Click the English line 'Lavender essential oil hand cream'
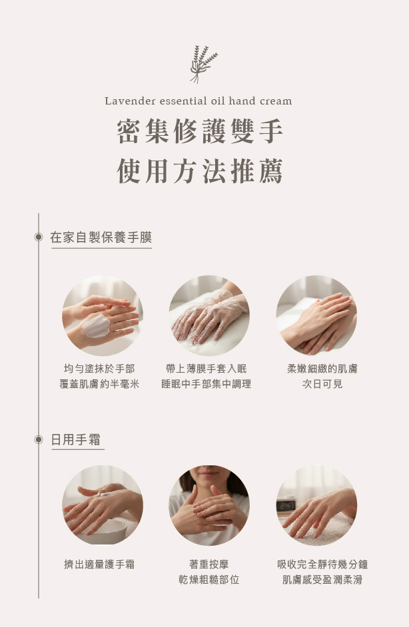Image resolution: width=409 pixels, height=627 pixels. (199, 101)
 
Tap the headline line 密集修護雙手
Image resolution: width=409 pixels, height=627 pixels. (200, 132)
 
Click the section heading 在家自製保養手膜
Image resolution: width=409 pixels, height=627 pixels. (101, 238)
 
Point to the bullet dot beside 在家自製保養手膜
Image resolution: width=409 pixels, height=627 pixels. (39, 237)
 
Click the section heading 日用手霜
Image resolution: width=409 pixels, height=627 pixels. (77, 440)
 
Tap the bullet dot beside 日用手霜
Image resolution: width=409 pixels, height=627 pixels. (39, 440)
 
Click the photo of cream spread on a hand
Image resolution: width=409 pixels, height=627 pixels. (102, 315)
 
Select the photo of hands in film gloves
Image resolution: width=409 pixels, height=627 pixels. (209, 315)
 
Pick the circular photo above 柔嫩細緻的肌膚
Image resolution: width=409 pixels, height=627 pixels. (316, 315)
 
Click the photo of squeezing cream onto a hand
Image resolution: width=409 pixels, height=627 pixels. (102, 505)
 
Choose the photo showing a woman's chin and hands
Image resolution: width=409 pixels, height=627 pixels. (209, 505)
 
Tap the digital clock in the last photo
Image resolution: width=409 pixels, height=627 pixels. (286, 505)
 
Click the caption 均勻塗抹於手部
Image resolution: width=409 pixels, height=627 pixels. (99, 368)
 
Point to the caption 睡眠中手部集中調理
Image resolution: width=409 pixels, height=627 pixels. (206, 384)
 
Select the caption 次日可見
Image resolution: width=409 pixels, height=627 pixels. (322, 384)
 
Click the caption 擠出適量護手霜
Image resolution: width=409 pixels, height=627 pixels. (99, 564)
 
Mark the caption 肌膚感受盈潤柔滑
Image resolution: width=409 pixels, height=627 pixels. (322, 580)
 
